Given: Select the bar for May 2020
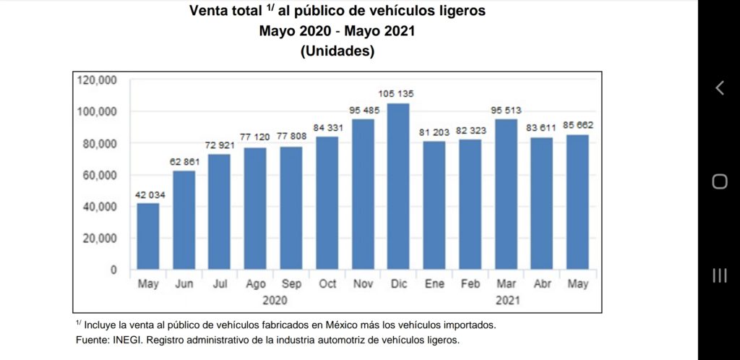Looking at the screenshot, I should pyautogui.click(x=148, y=236).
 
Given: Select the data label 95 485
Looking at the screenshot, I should pyautogui.click(x=364, y=110).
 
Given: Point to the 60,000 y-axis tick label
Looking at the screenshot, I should pyautogui.click(x=100, y=175).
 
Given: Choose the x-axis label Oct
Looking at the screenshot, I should pyautogui.click(x=327, y=284).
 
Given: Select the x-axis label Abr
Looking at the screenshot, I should pyautogui.click(x=543, y=284).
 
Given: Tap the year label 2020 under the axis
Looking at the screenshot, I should pyautogui.click(x=275, y=299).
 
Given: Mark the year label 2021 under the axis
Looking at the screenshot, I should pyautogui.click(x=506, y=299).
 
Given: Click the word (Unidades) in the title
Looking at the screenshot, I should pyautogui.click(x=338, y=52).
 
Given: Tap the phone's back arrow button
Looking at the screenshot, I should pyautogui.click(x=719, y=88).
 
